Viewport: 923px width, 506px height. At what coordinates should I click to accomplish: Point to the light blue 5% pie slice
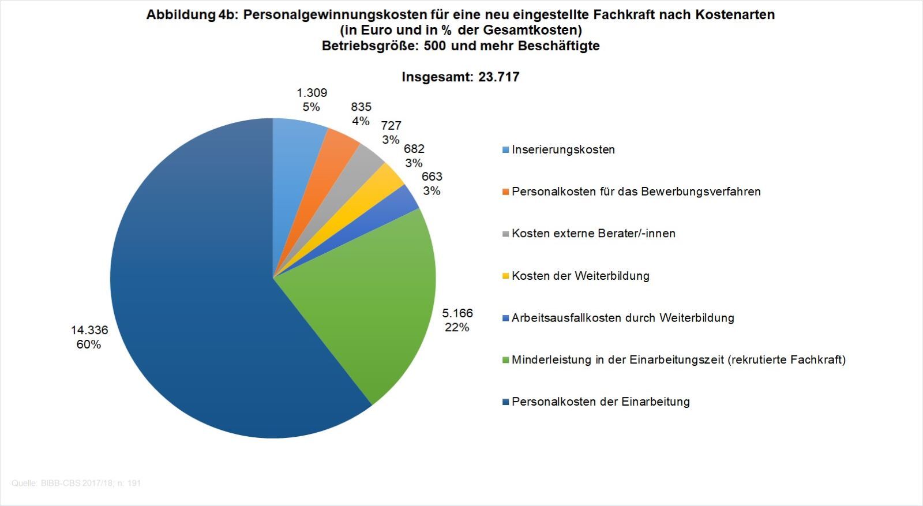pos(294,156)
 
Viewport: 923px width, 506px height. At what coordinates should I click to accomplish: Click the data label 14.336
pos(89,330)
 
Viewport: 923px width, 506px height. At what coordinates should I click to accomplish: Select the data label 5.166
pos(457,313)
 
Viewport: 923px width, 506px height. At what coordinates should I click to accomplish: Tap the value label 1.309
pos(312,92)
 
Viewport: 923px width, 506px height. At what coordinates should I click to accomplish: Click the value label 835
pos(361,107)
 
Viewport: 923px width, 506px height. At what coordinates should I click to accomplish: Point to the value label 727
pos(391,125)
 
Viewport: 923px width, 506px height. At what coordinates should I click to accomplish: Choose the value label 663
pos(432,177)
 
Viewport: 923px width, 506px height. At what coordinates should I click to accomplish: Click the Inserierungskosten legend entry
pos(563,149)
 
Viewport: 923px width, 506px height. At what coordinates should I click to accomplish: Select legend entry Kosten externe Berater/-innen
pos(593,234)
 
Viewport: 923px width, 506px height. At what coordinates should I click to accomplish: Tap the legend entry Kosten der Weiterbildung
pos(580,276)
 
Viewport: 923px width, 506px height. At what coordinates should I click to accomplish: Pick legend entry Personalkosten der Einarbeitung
pos(601,402)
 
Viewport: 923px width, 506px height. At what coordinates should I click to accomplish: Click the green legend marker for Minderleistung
pos(506,360)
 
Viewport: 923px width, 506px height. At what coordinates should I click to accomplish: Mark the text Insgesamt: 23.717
pos(460,77)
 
